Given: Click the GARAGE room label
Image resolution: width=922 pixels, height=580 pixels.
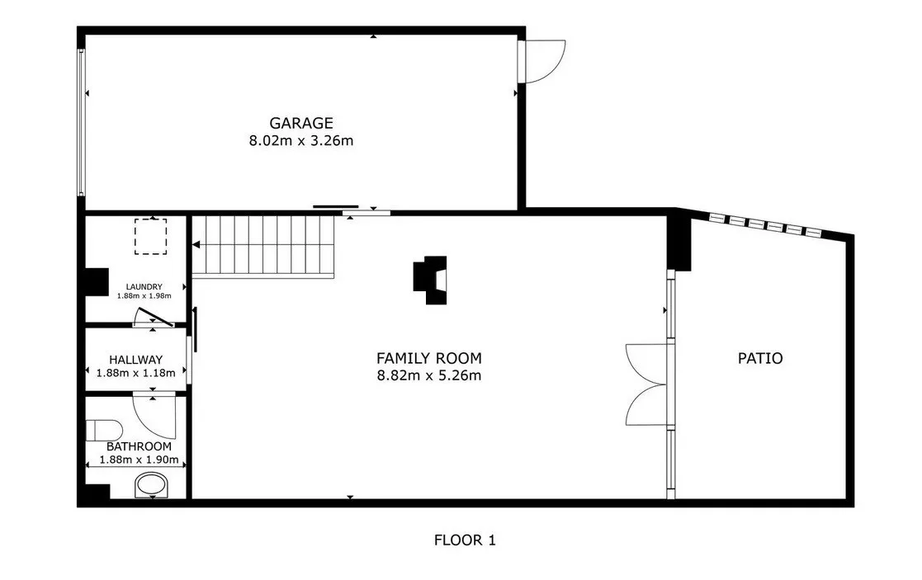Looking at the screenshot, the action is click(x=301, y=123).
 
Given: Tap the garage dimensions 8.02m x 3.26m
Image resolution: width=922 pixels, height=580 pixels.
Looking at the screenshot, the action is click(x=301, y=141).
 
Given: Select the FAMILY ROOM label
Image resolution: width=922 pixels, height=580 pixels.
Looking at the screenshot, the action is click(x=429, y=358).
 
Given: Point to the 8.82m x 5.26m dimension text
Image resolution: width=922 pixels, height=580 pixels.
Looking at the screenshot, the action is click(x=429, y=375).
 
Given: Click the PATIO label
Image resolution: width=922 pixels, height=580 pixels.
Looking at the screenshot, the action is click(x=760, y=358).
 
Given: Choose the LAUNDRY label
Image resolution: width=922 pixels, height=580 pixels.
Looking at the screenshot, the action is click(x=144, y=287).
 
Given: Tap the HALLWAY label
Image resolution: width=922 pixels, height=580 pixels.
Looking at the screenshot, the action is click(x=136, y=360).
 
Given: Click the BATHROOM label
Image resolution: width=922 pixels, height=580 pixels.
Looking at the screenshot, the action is click(x=139, y=446).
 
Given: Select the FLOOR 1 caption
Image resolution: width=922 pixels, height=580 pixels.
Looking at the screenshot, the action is click(x=465, y=540).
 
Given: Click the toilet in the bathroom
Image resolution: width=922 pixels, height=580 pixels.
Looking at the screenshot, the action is click(x=104, y=430).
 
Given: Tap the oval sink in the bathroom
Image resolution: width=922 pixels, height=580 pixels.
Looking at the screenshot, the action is click(x=152, y=485).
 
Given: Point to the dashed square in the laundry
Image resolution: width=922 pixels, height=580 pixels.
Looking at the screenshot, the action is click(x=150, y=237).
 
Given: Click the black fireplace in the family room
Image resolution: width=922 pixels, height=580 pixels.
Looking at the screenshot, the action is click(x=430, y=281).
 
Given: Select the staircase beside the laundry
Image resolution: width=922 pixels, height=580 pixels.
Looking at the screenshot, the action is click(x=263, y=247).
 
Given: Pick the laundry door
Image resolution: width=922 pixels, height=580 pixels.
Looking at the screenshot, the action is click(x=154, y=317).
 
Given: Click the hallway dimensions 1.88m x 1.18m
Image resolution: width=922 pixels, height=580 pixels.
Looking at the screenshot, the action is click(x=136, y=373).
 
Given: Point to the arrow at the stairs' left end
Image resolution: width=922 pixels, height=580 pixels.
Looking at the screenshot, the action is click(x=196, y=244).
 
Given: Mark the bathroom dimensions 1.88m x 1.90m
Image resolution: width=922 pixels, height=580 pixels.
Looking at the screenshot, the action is click(x=139, y=460).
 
